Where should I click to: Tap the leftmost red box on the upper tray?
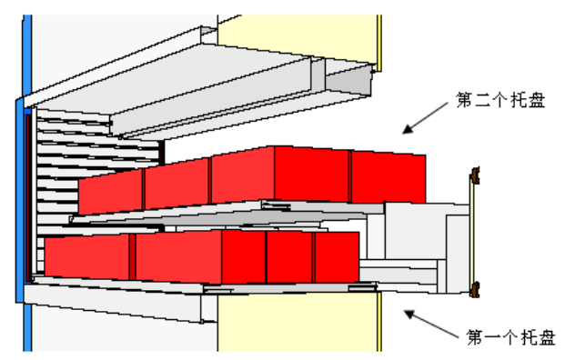pyautogui.click(x=111, y=193)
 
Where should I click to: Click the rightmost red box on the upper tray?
pyautogui.click(x=388, y=178)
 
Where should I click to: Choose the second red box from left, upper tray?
pyautogui.click(x=177, y=185)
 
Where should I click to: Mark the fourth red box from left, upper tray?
pyautogui.click(x=312, y=175)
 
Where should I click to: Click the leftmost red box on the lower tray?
pyautogui.click(x=88, y=256)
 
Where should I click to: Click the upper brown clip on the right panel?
pyautogui.click(x=476, y=175)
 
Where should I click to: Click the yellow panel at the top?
pyautogui.click(x=300, y=32)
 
